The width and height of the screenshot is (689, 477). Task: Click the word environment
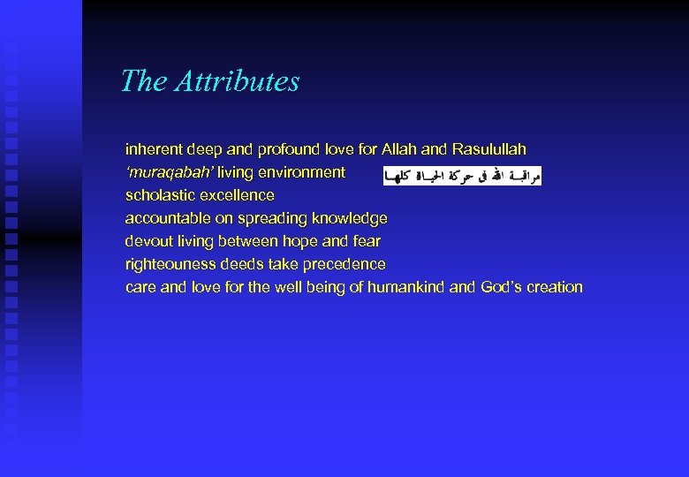click(301, 172)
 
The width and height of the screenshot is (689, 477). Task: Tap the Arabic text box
click(462, 177)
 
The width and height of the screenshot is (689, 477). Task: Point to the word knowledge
click(349, 218)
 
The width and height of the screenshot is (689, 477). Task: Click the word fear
click(367, 241)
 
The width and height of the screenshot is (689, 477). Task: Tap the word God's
click(502, 287)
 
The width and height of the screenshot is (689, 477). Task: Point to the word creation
click(555, 287)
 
